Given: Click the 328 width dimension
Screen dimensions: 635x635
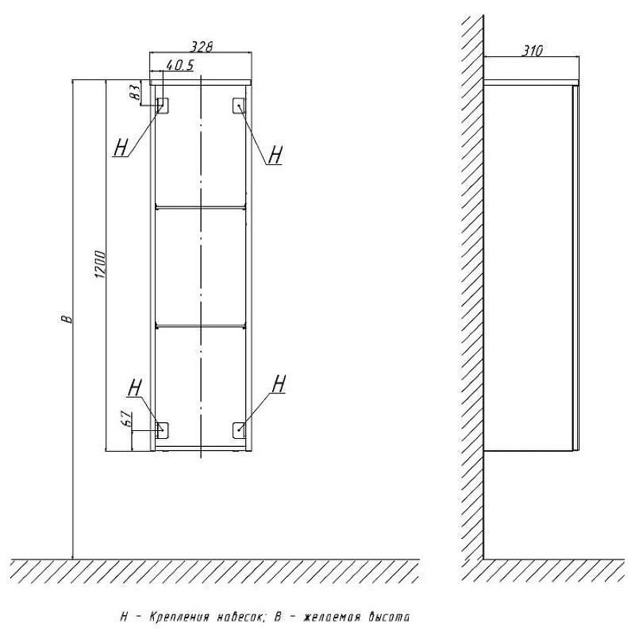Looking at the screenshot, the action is [202, 47].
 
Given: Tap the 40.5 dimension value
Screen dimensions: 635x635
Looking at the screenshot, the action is [180, 65].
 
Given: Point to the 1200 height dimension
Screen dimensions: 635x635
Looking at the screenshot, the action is [101, 265].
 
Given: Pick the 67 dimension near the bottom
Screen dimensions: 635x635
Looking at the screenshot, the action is [127, 418].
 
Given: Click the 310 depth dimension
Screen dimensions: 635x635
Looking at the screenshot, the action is [531, 51].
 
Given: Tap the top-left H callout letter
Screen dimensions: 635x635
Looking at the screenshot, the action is [121, 147].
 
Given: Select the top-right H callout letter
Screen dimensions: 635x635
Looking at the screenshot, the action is [275, 154].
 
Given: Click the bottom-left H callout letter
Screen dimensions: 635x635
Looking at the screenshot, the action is [134, 387].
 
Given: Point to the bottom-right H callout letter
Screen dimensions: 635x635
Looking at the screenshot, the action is [279, 383].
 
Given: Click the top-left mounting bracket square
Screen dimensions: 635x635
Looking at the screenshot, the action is [163, 106].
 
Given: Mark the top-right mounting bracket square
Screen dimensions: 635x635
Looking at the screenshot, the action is [239, 106].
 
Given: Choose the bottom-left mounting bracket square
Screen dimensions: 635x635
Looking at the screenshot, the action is [162, 429].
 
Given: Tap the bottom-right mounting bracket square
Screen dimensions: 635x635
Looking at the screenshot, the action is [239, 429].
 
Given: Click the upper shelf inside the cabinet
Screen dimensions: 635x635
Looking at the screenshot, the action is [201, 208].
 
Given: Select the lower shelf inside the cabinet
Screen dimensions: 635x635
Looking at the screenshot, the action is [201, 325].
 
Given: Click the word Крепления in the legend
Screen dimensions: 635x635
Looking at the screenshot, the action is [179, 618].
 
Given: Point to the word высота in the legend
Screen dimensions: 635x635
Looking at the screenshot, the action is [389, 617].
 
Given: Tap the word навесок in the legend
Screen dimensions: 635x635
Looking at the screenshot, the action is [242, 618].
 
